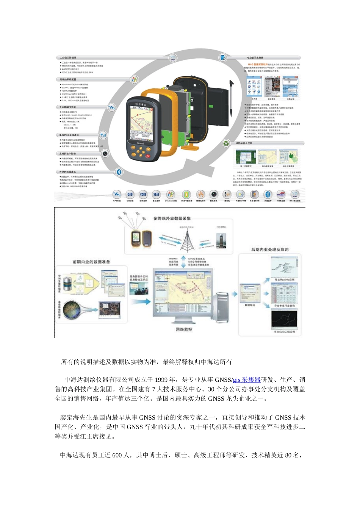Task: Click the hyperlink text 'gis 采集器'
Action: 246,380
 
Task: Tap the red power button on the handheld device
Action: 148,156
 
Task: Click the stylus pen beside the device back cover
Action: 231,97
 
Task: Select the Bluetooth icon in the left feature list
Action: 119,172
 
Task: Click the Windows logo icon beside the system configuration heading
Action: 134,80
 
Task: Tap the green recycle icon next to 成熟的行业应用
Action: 226,143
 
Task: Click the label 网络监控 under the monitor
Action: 184,329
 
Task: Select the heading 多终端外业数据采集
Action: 172,219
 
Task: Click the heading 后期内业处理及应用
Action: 270,250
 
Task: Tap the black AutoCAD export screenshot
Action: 285,320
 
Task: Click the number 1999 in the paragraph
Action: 161,380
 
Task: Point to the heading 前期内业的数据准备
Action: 91,262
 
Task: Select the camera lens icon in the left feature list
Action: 105,153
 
